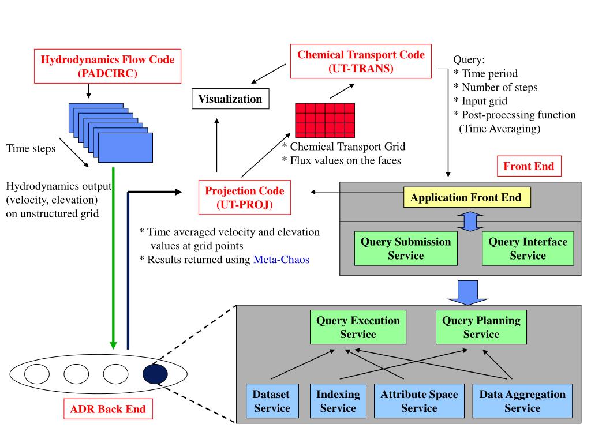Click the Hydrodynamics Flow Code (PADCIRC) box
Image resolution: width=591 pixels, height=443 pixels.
click(x=107, y=66)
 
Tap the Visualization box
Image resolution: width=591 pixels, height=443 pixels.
click(x=230, y=99)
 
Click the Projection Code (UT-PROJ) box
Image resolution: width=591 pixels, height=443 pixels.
click(x=245, y=197)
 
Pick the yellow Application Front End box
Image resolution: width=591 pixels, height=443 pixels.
click(x=466, y=198)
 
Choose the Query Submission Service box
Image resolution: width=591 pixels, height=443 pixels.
click(x=406, y=249)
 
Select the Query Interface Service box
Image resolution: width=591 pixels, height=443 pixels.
click(x=528, y=249)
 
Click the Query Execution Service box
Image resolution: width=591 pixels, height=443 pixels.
click(x=358, y=327)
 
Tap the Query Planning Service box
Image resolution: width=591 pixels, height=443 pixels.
click(x=481, y=327)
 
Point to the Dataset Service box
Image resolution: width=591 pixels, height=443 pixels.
click(x=271, y=401)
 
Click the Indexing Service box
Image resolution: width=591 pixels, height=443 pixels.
click(x=338, y=401)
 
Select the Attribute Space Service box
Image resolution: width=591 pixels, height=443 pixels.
click(x=419, y=401)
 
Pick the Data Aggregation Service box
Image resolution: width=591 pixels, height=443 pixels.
click(x=522, y=401)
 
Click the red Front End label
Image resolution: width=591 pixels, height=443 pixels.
click(x=528, y=167)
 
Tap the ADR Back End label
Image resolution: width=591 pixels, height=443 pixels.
click(x=108, y=410)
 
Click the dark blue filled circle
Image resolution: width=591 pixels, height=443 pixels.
click(x=155, y=374)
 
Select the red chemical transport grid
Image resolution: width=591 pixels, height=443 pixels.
click(x=325, y=121)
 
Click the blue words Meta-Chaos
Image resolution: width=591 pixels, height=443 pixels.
click(x=281, y=260)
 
